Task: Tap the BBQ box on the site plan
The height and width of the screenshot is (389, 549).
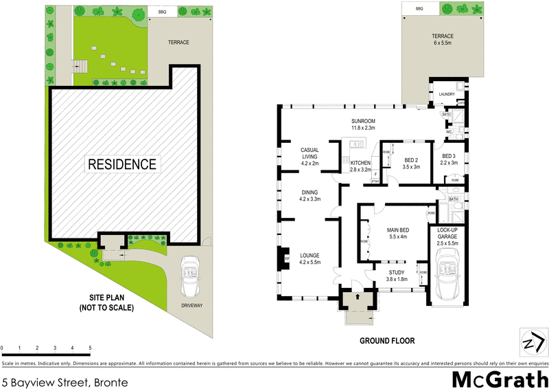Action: (x=162, y=12)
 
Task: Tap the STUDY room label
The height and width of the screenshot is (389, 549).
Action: (x=397, y=276)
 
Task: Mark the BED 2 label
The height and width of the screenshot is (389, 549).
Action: (x=411, y=159)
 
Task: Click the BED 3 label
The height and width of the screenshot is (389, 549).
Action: (x=449, y=156)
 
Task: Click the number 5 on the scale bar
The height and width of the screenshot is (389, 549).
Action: (x=90, y=348)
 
